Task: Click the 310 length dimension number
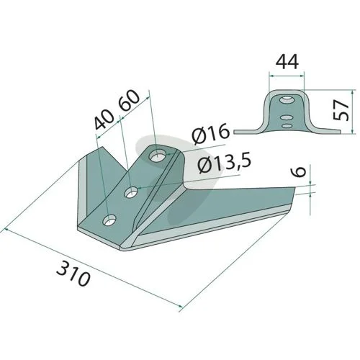73,274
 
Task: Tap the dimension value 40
104,120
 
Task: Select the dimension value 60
129,100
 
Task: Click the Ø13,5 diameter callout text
225,163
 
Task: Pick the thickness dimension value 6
300,171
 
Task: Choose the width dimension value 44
287,62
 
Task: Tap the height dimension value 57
341,109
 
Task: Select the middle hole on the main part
131,192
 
